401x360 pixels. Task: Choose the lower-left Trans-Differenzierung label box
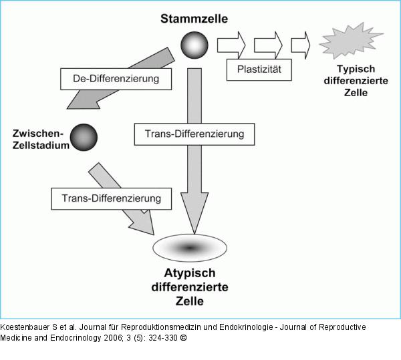click(111, 198)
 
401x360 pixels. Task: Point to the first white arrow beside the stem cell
click(231, 44)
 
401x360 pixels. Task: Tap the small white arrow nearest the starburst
click(301, 44)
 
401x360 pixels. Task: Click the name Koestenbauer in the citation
click(26, 327)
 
